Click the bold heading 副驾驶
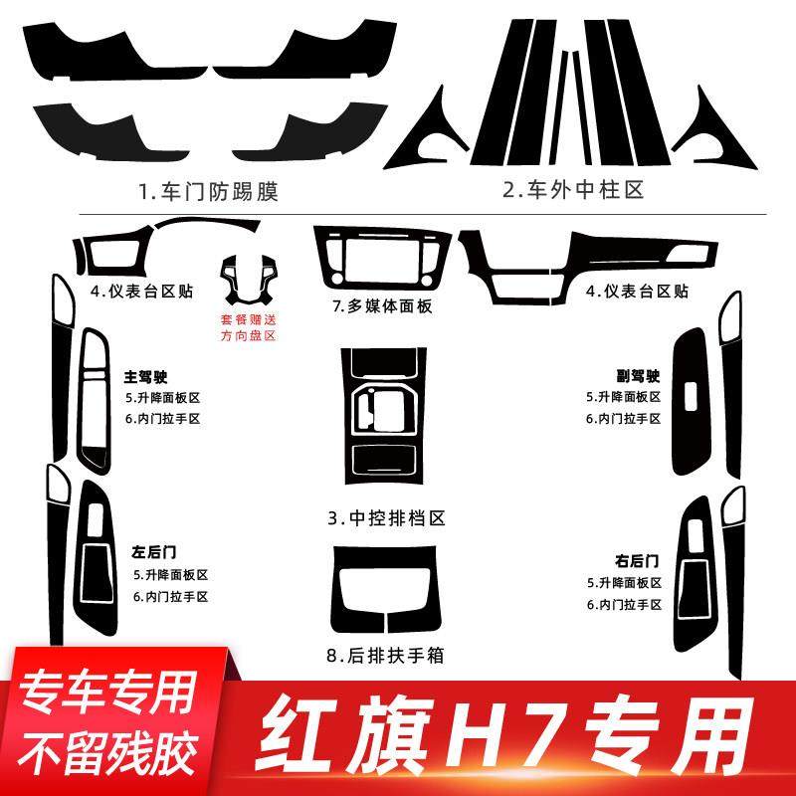click(x=637, y=377)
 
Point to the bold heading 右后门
click(x=637, y=560)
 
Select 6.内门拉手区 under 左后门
click(x=170, y=596)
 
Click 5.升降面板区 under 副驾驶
click(x=623, y=397)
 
